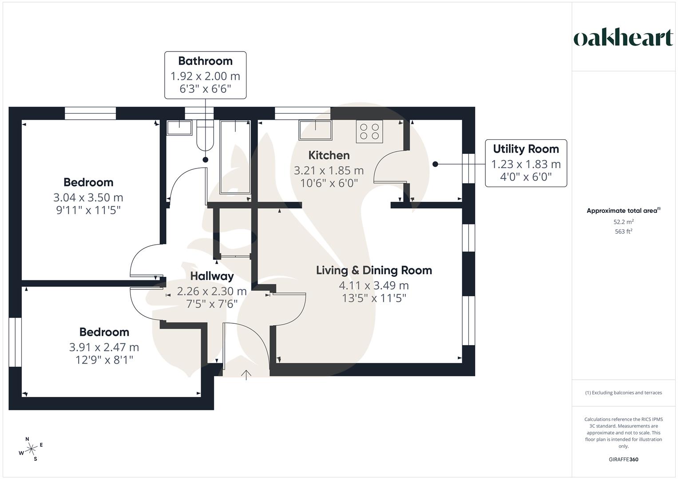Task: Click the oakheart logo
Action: click(623, 38)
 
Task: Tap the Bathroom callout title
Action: click(205, 61)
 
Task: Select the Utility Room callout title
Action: click(526, 149)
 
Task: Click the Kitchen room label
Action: click(329, 155)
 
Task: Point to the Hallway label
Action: click(212, 276)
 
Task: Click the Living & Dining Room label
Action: click(374, 271)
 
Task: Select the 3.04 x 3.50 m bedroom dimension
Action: click(88, 197)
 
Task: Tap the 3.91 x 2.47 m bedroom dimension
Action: click(104, 347)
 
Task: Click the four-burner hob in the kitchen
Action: click(369, 131)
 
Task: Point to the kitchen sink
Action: click(315, 130)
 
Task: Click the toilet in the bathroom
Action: click(205, 135)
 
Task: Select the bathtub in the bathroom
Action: click(235, 157)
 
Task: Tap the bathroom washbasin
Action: click(179, 128)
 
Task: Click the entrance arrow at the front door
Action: click(246, 375)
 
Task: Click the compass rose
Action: click(32, 449)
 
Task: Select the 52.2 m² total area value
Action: click(623, 222)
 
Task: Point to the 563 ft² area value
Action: click(623, 232)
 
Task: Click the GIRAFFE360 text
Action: click(623, 459)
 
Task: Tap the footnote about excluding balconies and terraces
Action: click(623, 393)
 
